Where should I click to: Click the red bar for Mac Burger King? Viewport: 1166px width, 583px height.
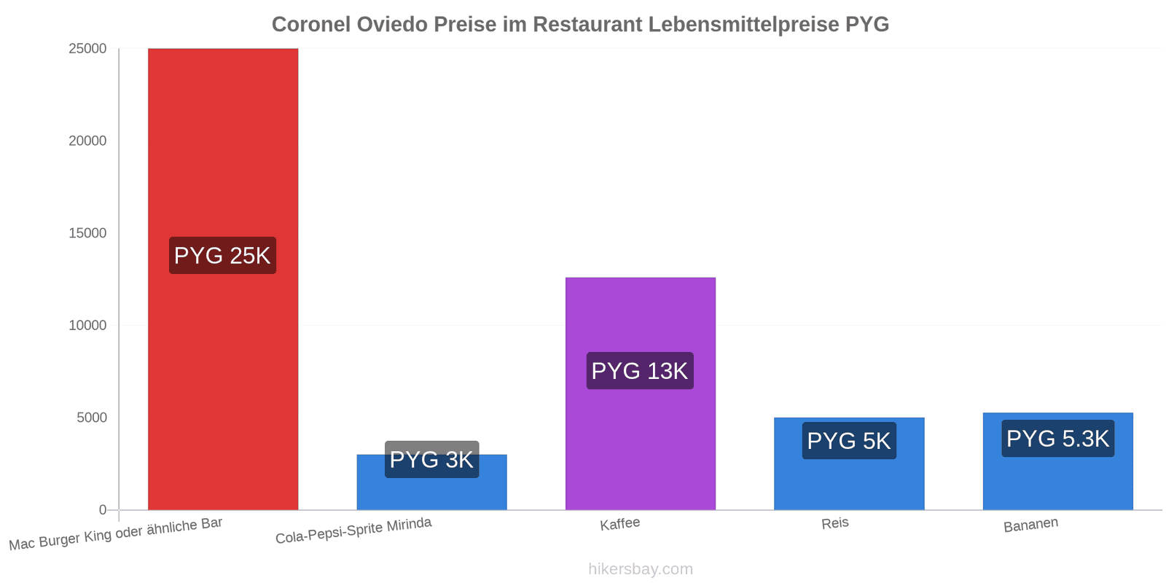point(223,279)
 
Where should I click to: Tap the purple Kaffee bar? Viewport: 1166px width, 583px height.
point(641,394)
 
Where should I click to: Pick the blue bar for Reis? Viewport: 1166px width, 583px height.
point(849,463)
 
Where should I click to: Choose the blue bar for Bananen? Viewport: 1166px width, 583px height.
point(1057,461)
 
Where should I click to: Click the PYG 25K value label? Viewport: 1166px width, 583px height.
point(223,256)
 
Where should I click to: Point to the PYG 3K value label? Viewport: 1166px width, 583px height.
point(431,460)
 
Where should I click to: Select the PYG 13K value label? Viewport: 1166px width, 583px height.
point(640,371)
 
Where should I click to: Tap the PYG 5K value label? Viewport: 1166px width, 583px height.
point(849,441)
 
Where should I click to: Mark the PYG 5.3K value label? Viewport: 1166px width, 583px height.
point(1057,438)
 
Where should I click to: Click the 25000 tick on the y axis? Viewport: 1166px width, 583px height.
point(87,48)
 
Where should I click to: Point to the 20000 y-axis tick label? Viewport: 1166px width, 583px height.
point(87,141)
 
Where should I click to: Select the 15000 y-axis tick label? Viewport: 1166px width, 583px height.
point(87,232)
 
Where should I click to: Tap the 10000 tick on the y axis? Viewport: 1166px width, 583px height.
point(87,325)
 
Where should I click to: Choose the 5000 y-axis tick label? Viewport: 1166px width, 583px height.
point(92,418)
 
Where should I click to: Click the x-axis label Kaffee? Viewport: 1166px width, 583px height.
point(619,524)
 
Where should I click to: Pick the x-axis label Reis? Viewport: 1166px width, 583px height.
point(835,523)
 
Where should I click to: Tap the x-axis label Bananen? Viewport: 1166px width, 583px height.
point(1030,525)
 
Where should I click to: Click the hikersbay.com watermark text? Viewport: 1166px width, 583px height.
point(641,569)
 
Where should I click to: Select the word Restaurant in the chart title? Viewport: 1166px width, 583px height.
point(587,25)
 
